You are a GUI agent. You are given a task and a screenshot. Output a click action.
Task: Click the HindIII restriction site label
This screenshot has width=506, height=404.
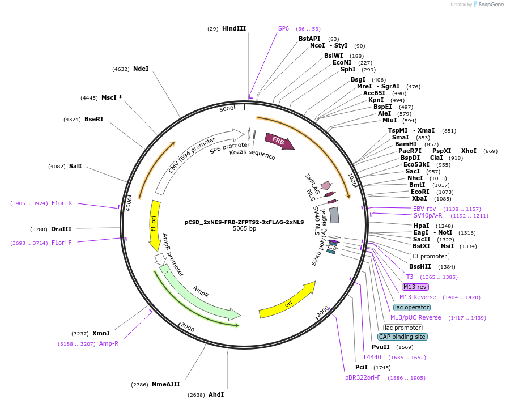coord(234,28)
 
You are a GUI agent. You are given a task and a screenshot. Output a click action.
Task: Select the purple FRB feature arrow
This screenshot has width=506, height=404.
coord(279,142)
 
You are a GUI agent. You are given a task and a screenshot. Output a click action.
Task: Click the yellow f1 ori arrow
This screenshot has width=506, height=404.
coord(154,224)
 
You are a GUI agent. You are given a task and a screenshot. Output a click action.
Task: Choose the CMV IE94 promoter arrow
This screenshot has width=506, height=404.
coord(193,159)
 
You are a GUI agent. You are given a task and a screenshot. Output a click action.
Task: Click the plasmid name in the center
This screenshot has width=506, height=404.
coord(244,222)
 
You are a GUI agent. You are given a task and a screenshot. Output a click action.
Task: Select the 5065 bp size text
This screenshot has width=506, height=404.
coord(244,229)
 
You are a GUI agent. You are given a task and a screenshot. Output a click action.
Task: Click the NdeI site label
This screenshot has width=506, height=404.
coord(141,69)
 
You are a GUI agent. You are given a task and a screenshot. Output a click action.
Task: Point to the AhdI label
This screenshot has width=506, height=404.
coord(216,394)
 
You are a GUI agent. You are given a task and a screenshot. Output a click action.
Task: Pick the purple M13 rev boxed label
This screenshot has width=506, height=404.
coord(415,287)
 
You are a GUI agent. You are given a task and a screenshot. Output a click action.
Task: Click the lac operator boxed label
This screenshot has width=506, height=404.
coord(412,307)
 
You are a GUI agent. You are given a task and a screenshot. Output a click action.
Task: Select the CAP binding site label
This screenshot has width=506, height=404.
coord(403,337)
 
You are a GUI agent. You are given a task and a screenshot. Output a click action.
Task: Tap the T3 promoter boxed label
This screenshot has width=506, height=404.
coord(429,256)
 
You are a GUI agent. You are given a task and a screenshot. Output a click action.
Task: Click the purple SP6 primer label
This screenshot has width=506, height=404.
coord(283,28)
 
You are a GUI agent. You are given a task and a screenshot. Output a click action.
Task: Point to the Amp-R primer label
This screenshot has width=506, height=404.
coord(109,343)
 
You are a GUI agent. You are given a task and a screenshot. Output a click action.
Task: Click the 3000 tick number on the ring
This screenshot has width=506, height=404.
coord(187,328)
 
